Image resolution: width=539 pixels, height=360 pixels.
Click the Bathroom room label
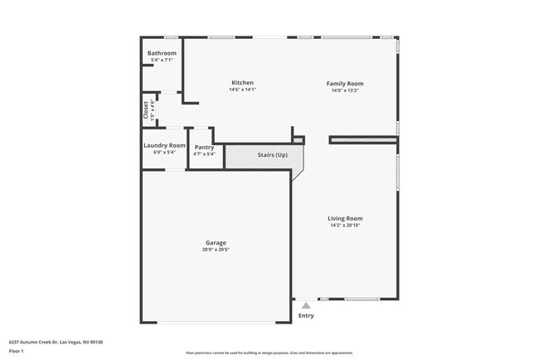162,53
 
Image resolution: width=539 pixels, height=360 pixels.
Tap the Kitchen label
242,83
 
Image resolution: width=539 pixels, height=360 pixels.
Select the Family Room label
345,83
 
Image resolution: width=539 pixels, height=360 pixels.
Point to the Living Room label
346,218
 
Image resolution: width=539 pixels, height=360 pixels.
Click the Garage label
216,242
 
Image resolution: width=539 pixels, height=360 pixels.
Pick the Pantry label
204,147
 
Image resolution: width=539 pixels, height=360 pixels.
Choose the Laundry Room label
164,146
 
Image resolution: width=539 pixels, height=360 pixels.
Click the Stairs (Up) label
273,155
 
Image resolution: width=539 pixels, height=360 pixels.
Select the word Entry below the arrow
306,315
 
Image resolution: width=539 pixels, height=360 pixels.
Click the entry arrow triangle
306,305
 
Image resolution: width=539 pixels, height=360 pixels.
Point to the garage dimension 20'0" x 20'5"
216,250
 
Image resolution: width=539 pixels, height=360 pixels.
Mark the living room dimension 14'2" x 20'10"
346,225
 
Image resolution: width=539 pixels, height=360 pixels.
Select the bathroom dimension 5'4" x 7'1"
162,60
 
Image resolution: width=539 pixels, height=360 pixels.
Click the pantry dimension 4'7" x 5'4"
204,153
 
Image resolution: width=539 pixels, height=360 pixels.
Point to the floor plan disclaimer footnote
269,353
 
